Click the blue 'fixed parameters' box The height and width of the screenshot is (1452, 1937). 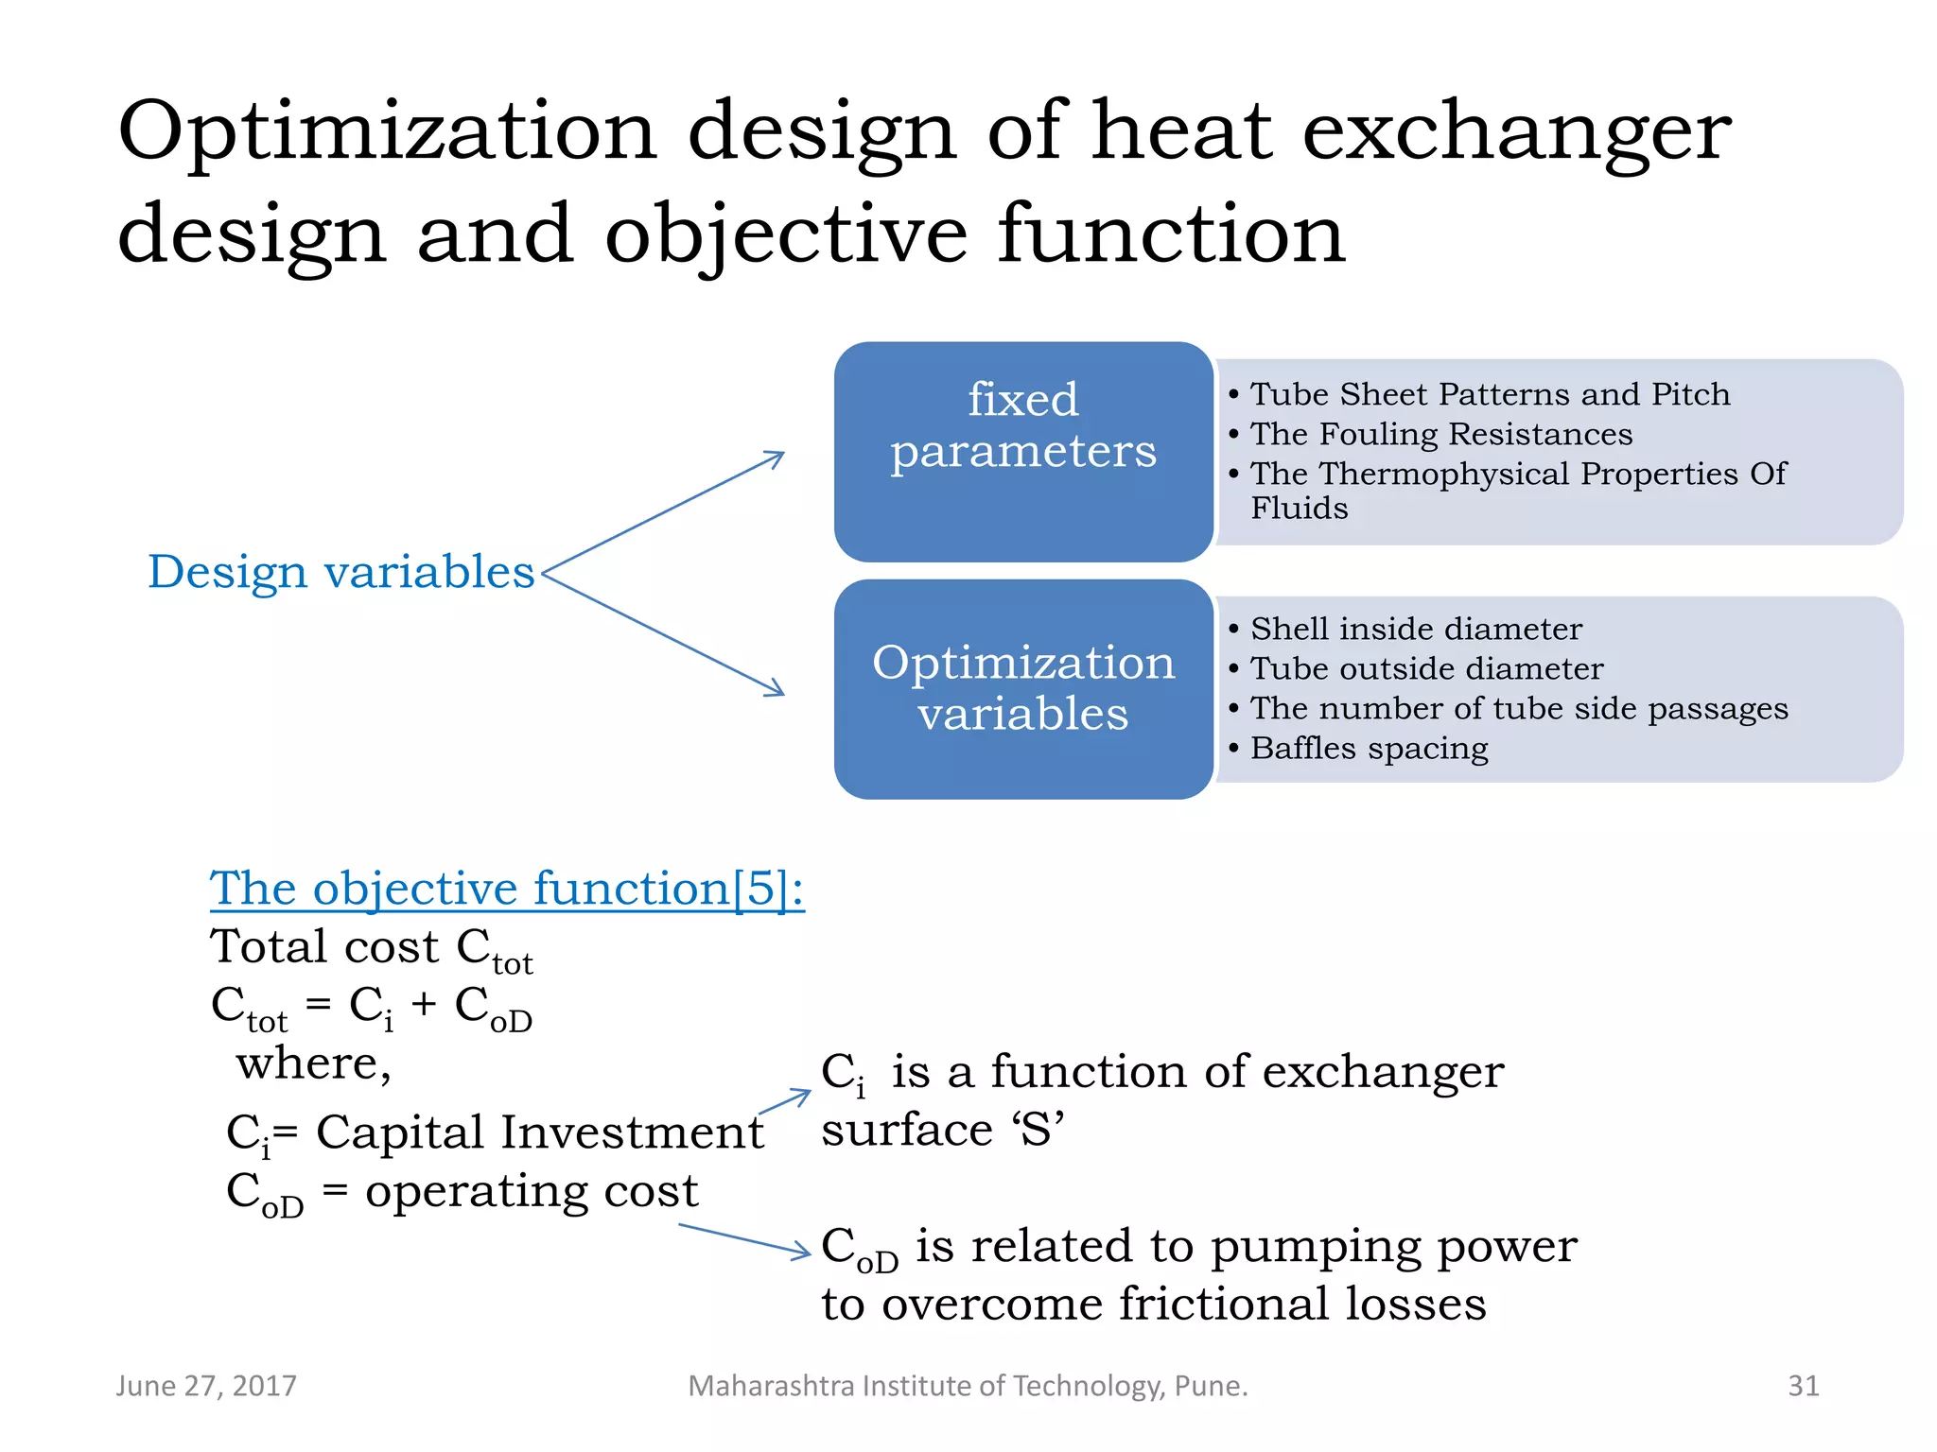click(x=1022, y=451)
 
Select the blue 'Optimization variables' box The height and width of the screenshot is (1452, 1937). click(x=1022, y=688)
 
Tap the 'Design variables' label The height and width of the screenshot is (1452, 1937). click(x=341, y=572)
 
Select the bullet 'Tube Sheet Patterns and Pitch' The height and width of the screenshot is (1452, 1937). click(x=1490, y=394)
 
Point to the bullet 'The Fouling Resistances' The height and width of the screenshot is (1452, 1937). click(x=1440, y=434)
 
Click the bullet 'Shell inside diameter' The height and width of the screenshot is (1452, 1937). click(x=1416, y=629)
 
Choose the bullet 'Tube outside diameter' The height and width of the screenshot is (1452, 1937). click(x=1426, y=668)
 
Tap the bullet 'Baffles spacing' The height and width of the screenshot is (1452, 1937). click(x=1369, y=748)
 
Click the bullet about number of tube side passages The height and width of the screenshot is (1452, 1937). click(x=1519, y=708)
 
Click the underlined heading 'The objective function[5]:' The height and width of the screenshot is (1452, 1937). click(x=507, y=889)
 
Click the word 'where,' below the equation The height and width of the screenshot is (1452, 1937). click(x=313, y=1063)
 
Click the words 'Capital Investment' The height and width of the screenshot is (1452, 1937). click(x=539, y=1132)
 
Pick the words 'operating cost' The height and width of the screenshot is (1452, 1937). click(x=532, y=1190)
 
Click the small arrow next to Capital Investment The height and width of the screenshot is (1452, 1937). click(x=785, y=1102)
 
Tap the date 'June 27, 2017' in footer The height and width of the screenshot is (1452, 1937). click(x=206, y=1386)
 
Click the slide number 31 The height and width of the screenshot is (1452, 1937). click(x=1803, y=1386)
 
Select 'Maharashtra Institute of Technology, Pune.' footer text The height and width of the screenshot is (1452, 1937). click(x=968, y=1386)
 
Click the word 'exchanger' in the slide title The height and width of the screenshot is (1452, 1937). click(x=1516, y=132)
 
